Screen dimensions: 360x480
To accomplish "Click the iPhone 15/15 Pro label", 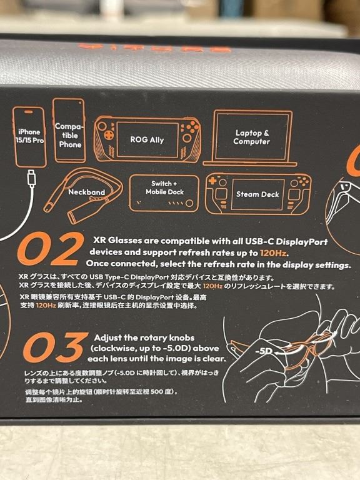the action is coord(29,136).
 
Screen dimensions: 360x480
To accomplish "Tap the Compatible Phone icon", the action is coord(69,131).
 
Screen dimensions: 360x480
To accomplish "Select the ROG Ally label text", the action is coord(147,140).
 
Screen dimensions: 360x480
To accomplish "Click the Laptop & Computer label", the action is coord(252,137).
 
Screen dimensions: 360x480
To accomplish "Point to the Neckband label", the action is coord(87,192).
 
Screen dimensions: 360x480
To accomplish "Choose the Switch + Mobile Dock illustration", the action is coord(164,193).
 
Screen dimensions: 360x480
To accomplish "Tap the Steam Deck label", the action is coord(257,194).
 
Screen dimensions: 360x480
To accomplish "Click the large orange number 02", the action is coord(51,249).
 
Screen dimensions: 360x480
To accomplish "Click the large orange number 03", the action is coord(56,347).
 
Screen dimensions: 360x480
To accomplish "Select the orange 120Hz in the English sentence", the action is coord(273,253).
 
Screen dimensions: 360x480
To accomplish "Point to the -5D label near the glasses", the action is coord(264,351).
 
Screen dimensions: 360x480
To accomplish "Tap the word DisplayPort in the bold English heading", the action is coord(301,242).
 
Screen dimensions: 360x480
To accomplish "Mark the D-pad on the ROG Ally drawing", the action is coord(108,135).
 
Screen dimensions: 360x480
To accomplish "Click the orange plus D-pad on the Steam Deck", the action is coord(212,180).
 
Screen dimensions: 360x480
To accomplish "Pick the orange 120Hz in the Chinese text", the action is coord(46,306).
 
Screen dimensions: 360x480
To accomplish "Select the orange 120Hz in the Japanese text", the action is coord(212,286).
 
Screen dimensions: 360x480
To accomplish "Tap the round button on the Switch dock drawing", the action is coord(190,203).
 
